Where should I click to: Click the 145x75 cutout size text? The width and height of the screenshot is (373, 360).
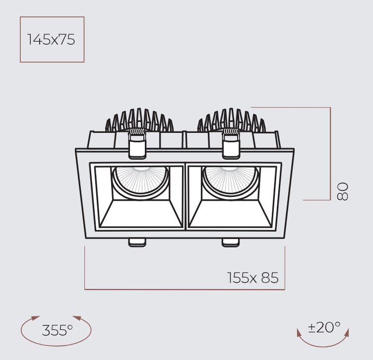(52, 40)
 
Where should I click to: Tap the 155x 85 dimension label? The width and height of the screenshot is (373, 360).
(253, 278)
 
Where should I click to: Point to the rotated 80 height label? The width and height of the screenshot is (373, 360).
(343, 191)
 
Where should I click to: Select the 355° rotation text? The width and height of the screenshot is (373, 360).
(57, 330)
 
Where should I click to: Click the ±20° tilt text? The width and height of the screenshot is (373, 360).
(324, 327)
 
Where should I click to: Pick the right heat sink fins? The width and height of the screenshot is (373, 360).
(232, 120)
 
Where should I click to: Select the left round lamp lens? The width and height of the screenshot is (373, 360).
(139, 181)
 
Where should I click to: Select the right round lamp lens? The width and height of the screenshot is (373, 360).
(231, 181)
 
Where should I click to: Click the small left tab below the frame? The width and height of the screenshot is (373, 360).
(137, 242)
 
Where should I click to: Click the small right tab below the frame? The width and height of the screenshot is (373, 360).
(230, 242)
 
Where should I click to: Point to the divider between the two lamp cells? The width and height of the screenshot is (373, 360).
(186, 196)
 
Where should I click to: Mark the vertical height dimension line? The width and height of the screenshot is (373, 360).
(330, 154)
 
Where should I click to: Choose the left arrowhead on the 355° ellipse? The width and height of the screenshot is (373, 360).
(35, 318)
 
